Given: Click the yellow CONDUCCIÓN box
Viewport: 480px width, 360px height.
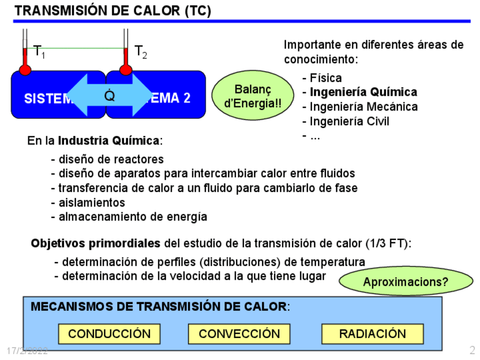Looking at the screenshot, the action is [x=109, y=334].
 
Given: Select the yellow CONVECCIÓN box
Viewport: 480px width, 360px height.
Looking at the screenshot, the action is [x=239, y=334].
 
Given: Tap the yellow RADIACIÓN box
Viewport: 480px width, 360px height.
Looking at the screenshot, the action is [x=372, y=334].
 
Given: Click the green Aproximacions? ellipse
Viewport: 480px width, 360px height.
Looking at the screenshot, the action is [x=405, y=281].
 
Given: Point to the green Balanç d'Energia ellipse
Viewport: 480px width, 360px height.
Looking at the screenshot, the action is [x=253, y=97].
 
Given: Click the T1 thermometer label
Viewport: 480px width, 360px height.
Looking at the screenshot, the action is [x=39, y=52].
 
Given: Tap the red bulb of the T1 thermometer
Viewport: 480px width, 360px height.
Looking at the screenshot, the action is [x=25, y=70].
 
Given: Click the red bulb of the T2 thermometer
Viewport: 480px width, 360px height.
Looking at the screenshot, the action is [x=126, y=70].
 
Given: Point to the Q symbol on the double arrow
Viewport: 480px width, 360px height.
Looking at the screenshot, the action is [x=110, y=96].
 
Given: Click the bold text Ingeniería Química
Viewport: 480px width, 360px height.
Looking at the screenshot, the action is [x=363, y=92].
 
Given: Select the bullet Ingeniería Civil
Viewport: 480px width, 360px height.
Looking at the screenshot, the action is [x=349, y=121].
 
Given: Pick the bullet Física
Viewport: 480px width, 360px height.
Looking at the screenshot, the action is [x=325, y=78].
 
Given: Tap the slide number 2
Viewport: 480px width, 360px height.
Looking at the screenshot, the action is [x=472, y=350].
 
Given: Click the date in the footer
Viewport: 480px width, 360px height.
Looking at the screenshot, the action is [x=27, y=351].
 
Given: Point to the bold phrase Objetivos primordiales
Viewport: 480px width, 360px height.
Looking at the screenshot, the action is [x=96, y=244].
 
